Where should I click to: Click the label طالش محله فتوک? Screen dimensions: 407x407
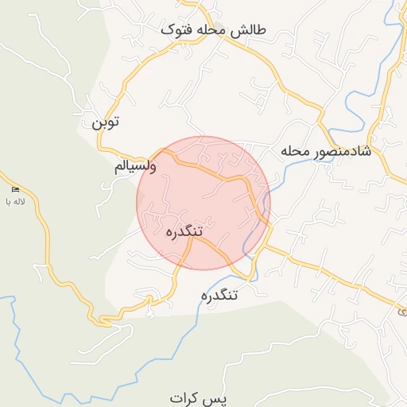214,31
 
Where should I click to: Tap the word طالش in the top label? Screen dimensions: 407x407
248,31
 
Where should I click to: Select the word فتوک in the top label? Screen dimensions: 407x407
176,31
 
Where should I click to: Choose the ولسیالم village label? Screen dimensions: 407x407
136,167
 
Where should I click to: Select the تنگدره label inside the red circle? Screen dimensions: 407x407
184,231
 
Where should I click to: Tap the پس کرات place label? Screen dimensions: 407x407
198,396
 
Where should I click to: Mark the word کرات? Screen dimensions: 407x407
188,396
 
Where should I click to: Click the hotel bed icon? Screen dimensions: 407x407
16,189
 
